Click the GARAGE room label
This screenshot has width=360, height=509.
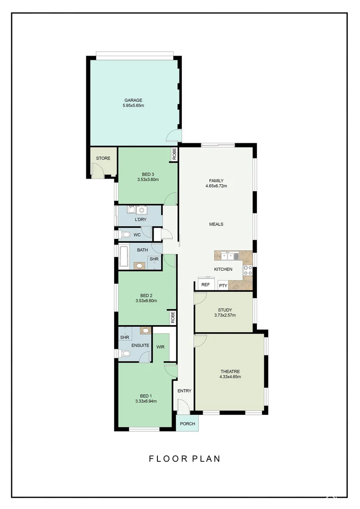[133, 100]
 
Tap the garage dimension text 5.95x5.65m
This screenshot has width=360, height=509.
[133, 106]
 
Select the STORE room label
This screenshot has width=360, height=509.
[103, 158]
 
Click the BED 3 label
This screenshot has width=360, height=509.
[147, 174]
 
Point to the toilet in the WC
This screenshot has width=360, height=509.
[125, 234]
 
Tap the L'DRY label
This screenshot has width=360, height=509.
[140, 220]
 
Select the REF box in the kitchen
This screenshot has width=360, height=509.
[205, 285]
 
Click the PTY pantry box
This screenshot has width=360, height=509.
[223, 286]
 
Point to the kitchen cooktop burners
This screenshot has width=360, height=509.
[247, 271]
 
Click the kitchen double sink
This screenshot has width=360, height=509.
[230, 256]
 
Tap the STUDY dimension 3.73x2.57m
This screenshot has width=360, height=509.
[225, 315]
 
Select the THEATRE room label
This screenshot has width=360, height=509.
[230, 371]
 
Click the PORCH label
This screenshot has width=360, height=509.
[188, 424]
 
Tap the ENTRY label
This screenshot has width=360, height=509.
[184, 391]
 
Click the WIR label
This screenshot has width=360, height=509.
[160, 346]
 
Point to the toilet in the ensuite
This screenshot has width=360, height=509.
[125, 353]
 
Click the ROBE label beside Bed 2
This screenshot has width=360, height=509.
[173, 317]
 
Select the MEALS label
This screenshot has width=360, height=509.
[216, 224]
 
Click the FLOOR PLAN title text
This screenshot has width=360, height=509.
[185, 459]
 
